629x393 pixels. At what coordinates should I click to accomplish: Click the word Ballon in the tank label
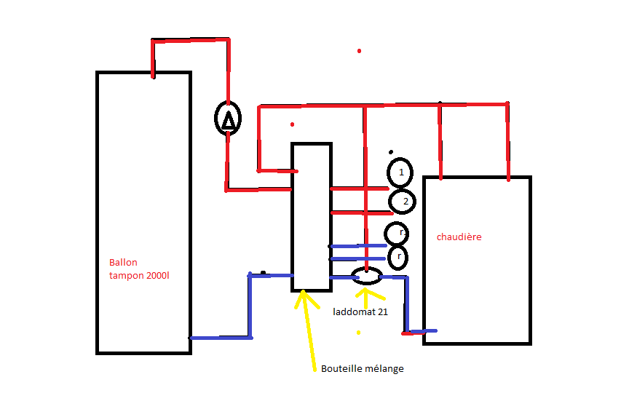click(123, 263)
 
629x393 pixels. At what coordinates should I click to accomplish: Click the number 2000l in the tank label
click(156, 275)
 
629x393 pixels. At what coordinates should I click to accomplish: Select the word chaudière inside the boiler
click(459, 237)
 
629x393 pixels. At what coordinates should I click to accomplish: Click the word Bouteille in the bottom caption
click(342, 369)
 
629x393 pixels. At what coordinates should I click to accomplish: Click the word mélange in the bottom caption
click(384, 369)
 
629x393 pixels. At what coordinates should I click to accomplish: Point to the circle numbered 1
click(400, 172)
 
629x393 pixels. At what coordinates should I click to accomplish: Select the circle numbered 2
click(403, 200)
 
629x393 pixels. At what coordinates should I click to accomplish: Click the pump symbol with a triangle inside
click(229, 118)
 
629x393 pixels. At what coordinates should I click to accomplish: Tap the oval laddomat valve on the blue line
click(366, 276)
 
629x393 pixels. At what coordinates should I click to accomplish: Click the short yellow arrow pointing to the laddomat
click(365, 295)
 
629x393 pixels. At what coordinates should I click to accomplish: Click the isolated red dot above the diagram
click(359, 51)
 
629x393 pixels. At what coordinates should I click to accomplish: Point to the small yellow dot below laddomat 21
click(358, 333)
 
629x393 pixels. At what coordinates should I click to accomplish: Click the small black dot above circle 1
click(391, 153)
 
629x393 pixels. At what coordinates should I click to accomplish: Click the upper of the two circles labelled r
click(397, 233)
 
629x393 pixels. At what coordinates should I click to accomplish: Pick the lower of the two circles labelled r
click(397, 257)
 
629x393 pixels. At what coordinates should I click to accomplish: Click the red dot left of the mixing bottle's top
click(292, 124)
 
